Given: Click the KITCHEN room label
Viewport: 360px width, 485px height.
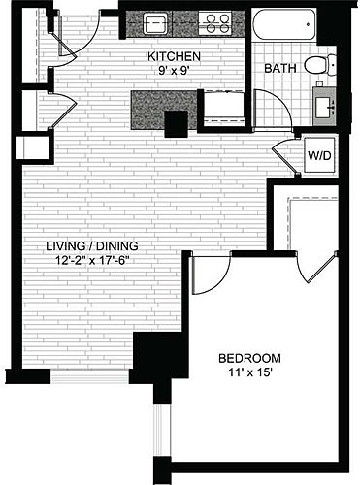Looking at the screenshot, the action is pos(174,56).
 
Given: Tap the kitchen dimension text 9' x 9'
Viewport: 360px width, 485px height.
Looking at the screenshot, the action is pos(174,71).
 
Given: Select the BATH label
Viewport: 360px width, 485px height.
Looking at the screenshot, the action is pos(280,68).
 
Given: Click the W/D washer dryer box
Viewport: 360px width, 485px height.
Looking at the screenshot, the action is pos(319,155).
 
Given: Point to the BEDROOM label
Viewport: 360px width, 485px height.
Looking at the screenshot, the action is pos(249,358).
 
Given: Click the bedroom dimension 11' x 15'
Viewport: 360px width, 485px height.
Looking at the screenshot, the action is pos(249,372).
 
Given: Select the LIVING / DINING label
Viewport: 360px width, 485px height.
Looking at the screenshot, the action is pos(92,246).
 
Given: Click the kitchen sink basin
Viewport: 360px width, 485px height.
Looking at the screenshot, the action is pos(155,23).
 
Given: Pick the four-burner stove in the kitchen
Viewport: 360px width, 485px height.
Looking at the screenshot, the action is pos(215,23).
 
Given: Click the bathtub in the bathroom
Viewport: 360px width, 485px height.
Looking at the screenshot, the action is pos(283,24).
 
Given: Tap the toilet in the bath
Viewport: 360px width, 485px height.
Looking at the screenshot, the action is pos(320,65).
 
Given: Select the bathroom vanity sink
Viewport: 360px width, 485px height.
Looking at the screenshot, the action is pos(324,106).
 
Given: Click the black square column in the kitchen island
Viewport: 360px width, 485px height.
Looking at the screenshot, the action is pos(176,124).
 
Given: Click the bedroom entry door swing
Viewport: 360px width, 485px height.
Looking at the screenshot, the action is pos(212,275).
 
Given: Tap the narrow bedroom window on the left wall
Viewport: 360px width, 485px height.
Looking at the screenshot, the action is pos(162,431).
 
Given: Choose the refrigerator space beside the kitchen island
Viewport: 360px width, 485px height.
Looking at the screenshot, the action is pos(224,106).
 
